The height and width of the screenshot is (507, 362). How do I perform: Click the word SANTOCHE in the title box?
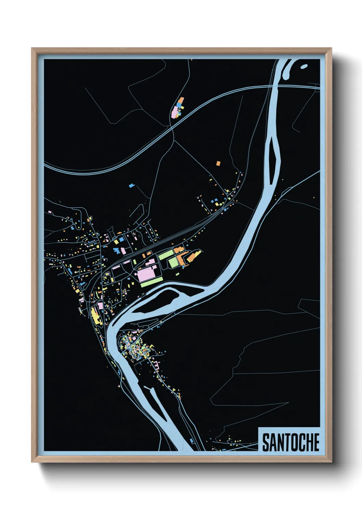[x=290, y=442]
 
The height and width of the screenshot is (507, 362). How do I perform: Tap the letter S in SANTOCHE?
[x=266, y=442]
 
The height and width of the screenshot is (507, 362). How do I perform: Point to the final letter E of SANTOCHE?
[x=316, y=442]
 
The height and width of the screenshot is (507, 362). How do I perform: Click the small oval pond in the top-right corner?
[x=303, y=66]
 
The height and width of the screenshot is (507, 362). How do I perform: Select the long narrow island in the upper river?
[x=274, y=158]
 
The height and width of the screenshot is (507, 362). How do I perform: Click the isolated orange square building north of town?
[x=218, y=163]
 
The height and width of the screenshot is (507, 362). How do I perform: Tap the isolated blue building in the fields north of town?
[x=131, y=186]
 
